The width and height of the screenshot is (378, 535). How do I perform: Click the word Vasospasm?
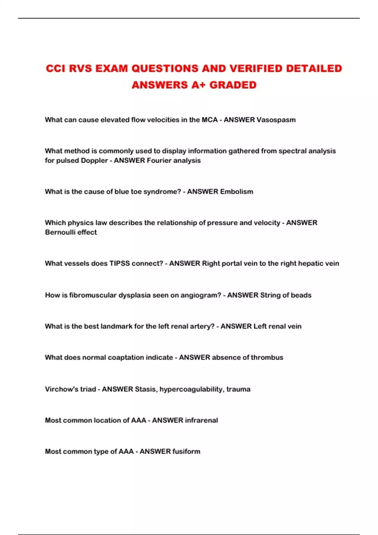(x=276, y=120)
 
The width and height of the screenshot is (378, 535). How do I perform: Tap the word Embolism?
(x=236, y=192)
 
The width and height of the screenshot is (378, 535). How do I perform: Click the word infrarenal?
(x=201, y=420)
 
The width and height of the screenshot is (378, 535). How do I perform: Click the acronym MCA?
(x=209, y=120)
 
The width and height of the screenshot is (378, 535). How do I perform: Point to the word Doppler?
(x=94, y=160)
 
